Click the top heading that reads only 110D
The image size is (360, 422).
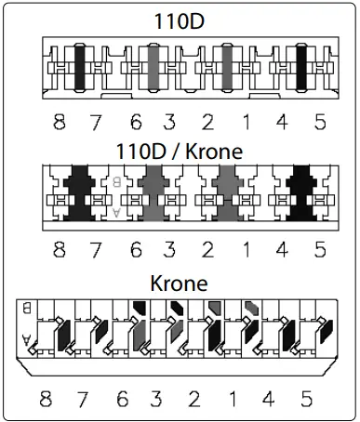coord(180,20)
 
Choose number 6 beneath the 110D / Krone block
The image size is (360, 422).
coord(135,250)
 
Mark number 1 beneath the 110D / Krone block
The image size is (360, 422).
coord(246,250)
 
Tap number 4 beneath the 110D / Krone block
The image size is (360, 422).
coord(283,250)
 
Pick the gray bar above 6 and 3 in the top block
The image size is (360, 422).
coord(153,68)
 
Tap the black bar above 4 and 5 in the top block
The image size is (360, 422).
coord(301,68)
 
